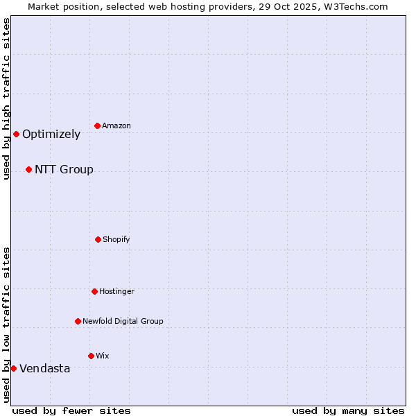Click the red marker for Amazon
click(98, 125)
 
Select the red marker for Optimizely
click(16, 134)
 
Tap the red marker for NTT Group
click(28, 169)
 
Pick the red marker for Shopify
click(98, 239)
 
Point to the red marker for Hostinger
click(94, 291)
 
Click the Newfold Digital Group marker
click(78, 321)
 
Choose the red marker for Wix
click(91, 356)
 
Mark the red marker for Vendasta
click(13, 368)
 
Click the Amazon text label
click(116, 125)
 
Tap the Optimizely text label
click(51, 135)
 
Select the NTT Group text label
click(64, 170)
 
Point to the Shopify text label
click(116, 239)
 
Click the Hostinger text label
click(116, 291)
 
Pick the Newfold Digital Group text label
click(123, 321)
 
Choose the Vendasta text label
click(44, 369)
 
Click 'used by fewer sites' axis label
click(71, 410)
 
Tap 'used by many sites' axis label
click(348, 410)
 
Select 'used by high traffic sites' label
click(6, 98)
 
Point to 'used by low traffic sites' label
click(6, 324)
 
